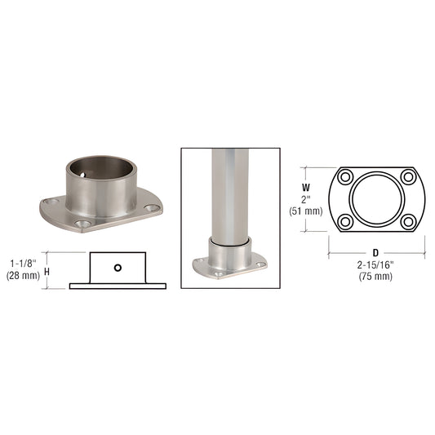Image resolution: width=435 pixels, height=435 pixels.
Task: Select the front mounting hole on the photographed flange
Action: coord(82,222)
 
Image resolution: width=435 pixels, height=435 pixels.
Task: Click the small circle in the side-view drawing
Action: coord(118,267)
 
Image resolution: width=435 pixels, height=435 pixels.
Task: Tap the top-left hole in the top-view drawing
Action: coord(345,177)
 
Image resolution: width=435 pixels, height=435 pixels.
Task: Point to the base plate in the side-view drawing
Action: coord(118,286)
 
